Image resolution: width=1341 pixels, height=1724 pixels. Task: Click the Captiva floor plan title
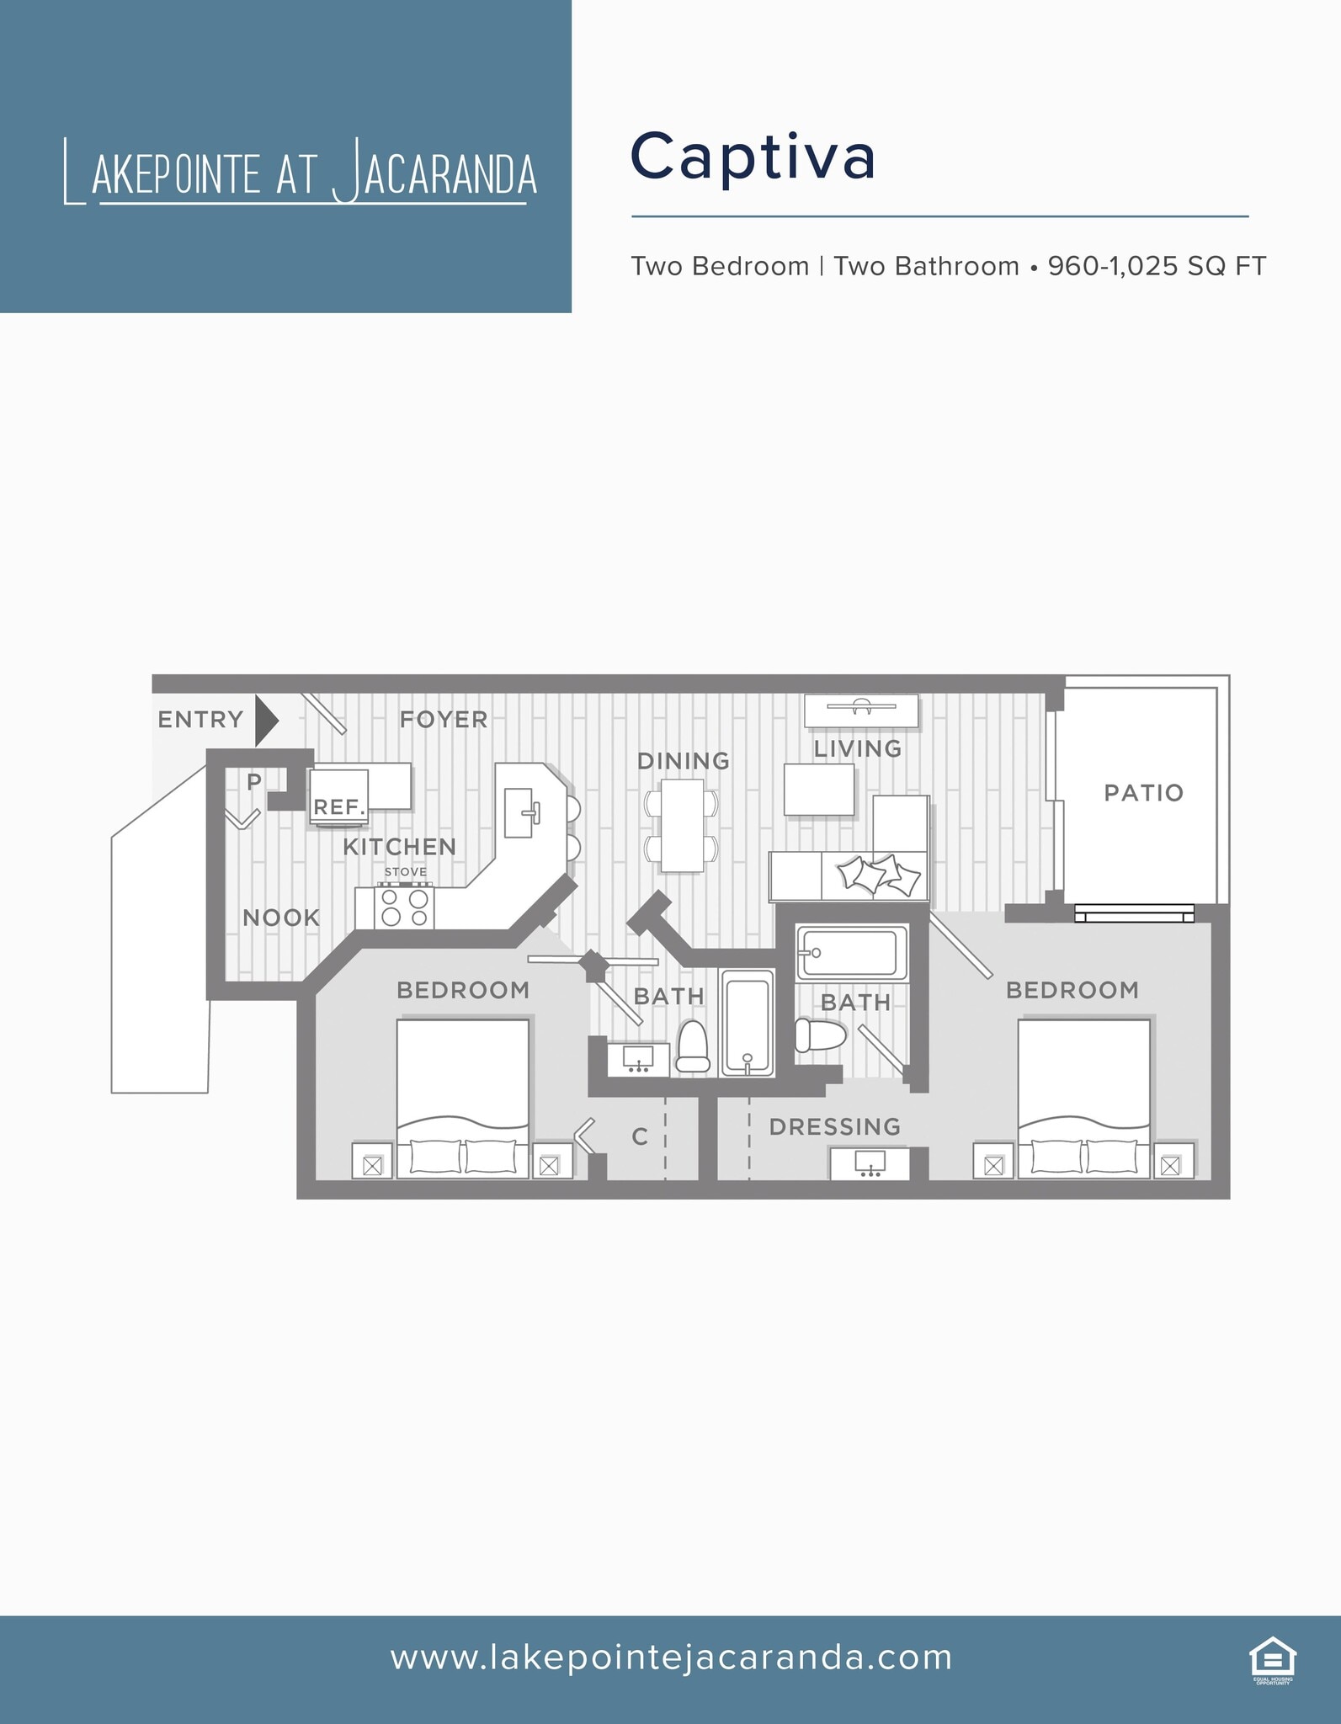753,157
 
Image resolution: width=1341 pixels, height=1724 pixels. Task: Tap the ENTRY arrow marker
266,720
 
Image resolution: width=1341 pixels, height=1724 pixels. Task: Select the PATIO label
1143,792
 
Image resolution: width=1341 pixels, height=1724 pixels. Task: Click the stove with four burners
404,907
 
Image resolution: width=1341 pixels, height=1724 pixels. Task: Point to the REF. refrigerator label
339,806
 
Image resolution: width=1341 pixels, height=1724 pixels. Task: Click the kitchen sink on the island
520,812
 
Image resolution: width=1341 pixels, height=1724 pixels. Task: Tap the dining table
682,825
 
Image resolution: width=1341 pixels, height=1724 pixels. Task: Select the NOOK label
281,918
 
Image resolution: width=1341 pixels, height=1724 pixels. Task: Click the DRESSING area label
834,1126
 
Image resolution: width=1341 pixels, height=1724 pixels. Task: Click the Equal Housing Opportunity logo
1272,1658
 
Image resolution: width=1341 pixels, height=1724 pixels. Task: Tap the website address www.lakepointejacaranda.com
671,1657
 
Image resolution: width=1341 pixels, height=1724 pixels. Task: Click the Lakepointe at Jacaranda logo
300,173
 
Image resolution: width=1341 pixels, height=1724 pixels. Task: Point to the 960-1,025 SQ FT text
1156,266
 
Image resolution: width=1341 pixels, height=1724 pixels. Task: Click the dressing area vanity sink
870,1163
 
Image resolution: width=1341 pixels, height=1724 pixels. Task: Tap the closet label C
640,1136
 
